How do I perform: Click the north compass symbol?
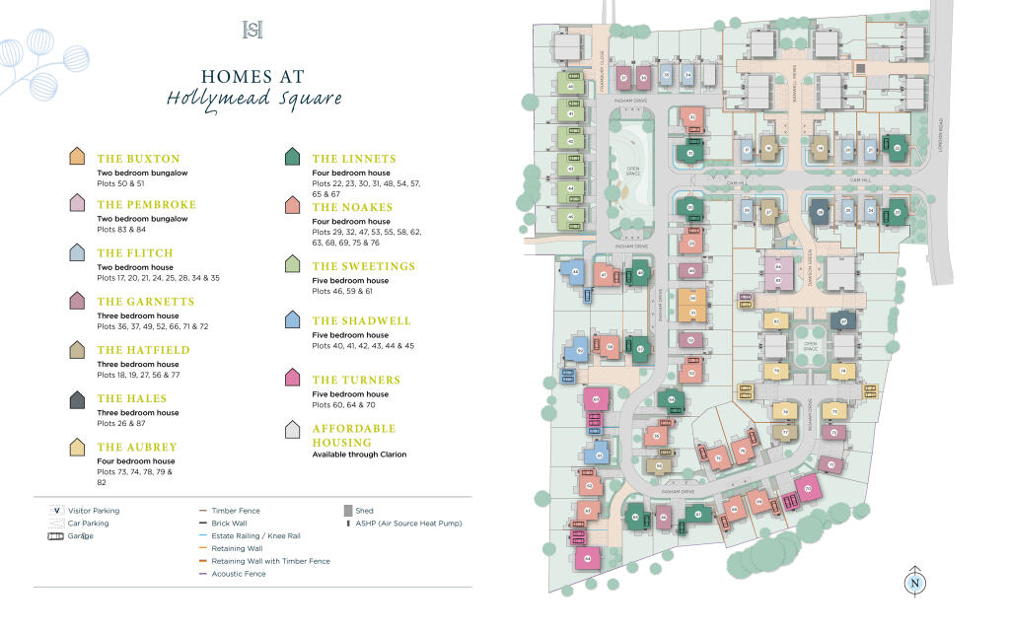pos(914,582)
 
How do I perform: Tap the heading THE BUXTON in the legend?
pos(138,159)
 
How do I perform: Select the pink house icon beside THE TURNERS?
pos(292,379)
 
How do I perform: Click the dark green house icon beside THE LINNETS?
pos(292,158)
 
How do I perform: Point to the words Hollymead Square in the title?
pos(254,99)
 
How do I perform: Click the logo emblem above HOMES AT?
pos(252,31)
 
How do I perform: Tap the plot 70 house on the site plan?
pos(808,489)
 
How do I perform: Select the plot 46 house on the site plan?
pos(571,87)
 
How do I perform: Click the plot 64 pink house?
pos(588,558)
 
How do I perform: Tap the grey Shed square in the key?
pos(346,511)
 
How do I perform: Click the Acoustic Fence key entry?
pos(238,574)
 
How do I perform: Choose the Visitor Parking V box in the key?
pos(57,511)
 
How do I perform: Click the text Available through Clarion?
pos(359,455)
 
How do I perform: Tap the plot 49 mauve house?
pos(691,271)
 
